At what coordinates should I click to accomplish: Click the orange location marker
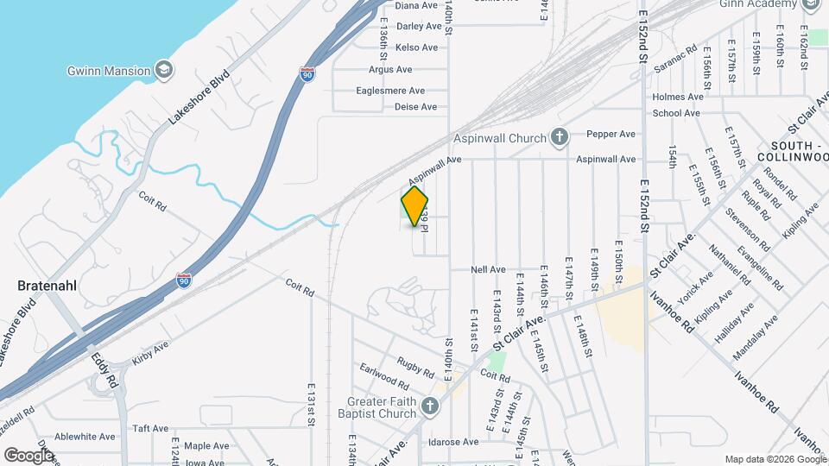[x=415, y=206]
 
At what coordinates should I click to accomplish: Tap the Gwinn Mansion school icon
[x=163, y=70]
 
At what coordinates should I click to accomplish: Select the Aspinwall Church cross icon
[x=560, y=137]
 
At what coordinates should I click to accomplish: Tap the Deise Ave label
[x=416, y=107]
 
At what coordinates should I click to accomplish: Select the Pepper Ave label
[x=611, y=134]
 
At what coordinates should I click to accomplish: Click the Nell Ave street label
[x=488, y=269]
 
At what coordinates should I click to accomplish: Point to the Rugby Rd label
[x=414, y=367]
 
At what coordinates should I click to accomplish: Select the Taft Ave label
[x=150, y=428]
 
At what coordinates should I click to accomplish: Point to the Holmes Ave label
[x=676, y=97]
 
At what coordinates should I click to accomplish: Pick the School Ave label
[x=676, y=113]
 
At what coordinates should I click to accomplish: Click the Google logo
[x=28, y=455]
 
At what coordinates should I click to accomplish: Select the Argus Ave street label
[x=390, y=69]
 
